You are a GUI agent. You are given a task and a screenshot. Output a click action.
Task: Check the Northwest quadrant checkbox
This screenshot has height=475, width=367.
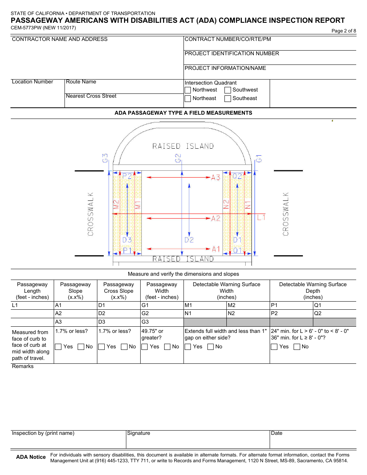click(188, 90)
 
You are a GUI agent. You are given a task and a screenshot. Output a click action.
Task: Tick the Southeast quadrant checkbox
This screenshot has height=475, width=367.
click(228, 98)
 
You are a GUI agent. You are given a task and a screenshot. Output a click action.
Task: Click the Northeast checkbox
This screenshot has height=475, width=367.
click(188, 98)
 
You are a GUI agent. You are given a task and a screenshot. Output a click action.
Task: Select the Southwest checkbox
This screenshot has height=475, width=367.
click(228, 90)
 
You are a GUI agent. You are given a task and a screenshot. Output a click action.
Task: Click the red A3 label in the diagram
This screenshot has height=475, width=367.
click(216, 177)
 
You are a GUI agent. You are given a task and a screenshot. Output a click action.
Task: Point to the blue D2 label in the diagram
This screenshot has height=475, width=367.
click(189, 240)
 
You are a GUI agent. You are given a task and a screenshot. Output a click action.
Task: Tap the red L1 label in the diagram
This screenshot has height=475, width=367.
click(262, 217)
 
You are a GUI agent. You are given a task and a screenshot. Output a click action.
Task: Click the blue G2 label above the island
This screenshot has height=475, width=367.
click(178, 158)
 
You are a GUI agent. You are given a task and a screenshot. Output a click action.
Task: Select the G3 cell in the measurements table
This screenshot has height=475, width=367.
click(161, 322)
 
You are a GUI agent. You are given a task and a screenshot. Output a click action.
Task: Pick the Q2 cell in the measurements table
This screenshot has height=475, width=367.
click(334, 313)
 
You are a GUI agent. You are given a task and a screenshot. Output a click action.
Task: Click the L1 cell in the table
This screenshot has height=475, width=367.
click(32, 305)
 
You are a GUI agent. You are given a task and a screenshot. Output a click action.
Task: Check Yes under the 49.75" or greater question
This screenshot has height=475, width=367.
click(145, 347)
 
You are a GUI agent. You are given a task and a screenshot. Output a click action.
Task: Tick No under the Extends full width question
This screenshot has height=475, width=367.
click(211, 347)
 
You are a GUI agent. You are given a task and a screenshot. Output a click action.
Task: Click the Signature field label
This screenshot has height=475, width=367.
click(139, 433)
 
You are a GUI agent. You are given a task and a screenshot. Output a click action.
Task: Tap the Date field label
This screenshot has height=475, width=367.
click(277, 433)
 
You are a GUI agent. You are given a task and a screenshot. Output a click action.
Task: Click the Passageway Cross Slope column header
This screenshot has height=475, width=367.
click(119, 291)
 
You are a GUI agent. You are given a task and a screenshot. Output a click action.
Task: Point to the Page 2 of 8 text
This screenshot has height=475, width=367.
click(344, 31)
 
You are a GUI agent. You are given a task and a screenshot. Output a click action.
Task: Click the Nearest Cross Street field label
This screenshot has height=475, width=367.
click(91, 96)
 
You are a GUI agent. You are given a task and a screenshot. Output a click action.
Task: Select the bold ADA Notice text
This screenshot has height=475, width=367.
click(31, 457)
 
